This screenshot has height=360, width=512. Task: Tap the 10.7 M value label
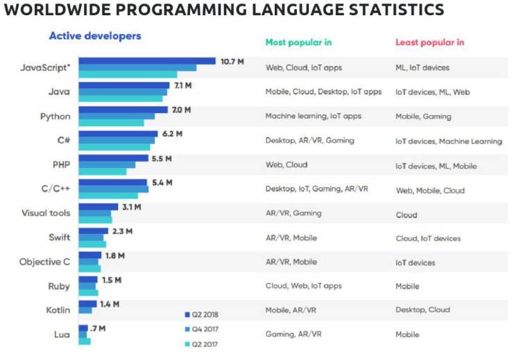(232, 61)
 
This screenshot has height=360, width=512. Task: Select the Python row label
(56, 117)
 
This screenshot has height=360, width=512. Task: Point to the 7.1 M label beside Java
(183, 85)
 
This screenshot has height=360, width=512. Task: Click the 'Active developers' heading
(94, 36)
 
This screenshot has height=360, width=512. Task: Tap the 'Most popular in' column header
(298, 42)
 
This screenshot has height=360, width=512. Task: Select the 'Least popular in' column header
(429, 42)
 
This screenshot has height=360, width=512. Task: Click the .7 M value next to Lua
(98, 327)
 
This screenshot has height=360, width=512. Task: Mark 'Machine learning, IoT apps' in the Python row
(313, 116)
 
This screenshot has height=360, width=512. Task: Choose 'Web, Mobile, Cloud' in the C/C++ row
(430, 190)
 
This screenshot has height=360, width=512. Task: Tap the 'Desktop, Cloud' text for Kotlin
(423, 310)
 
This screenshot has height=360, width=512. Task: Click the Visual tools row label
(46, 214)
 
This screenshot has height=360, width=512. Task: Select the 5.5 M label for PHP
(161, 158)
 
